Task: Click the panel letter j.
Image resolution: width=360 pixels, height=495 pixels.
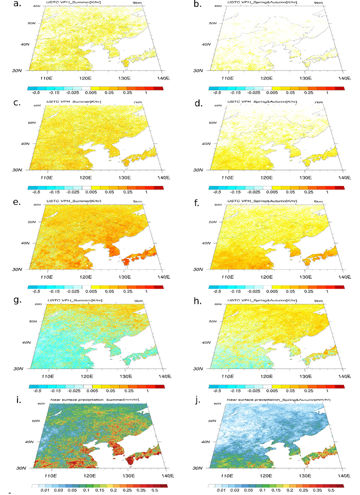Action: pyautogui.click(x=197, y=400)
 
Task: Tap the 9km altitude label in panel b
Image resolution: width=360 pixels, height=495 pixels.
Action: pyautogui.click(x=318, y=3)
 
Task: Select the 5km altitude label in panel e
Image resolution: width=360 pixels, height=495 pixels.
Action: pyautogui.click(x=137, y=202)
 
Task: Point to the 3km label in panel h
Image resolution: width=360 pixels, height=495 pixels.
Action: pyautogui.click(x=318, y=301)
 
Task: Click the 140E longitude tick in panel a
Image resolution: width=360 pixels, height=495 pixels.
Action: pyautogui.click(x=163, y=78)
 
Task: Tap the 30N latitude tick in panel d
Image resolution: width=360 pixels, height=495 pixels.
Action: pyautogui.click(x=198, y=170)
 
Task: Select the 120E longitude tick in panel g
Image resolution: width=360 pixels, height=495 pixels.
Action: pyautogui.click(x=86, y=376)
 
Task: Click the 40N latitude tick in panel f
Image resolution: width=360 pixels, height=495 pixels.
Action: pyautogui.click(x=206, y=243)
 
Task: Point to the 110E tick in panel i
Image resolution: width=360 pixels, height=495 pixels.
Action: pyautogui.click(x=50, y=476)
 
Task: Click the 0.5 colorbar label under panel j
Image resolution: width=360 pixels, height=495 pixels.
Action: pyautogui.click(x=331, y=490)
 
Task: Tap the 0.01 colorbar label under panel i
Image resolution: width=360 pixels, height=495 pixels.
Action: pyautogui.click(x=45, y=490)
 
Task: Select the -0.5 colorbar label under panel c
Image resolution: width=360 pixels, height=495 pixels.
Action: pyautogui.click(x=36, y=192)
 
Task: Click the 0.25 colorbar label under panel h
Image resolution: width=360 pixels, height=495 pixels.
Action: pyautogui.click(x=309, y=391)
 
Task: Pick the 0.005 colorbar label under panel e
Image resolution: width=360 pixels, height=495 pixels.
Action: pyautogui.click(x=91, y=292)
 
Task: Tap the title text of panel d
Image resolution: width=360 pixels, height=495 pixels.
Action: pyautogui.click(x=262, y=102)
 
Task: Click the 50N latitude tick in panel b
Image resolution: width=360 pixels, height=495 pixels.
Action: pyautogui.click(x=213, y=23)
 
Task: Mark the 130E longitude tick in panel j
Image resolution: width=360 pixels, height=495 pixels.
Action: pyautogui.click(x=305, y=476)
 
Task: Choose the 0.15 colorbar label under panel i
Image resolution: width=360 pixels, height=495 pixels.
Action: pyautogui.click(x=99, y=490)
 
